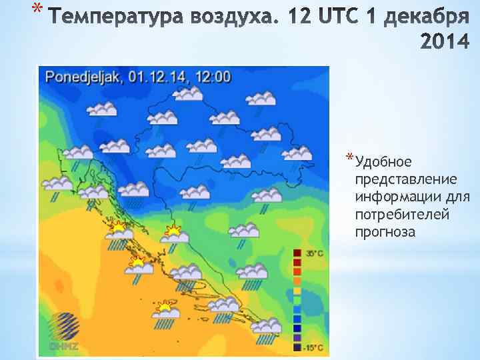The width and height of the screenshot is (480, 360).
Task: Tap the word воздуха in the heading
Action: (x=239, y=15)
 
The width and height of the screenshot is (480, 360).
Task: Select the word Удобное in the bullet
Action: (x=384, y=162)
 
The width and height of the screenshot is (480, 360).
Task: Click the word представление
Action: (x=406, y=180)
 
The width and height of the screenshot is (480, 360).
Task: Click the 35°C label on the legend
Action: (x=315, y=253)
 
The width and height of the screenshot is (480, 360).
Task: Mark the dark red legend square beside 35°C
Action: (x=297, y=253)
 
